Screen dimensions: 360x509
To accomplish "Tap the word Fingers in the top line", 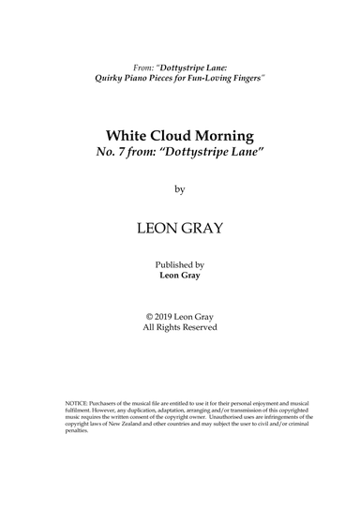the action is click(242, 78).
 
